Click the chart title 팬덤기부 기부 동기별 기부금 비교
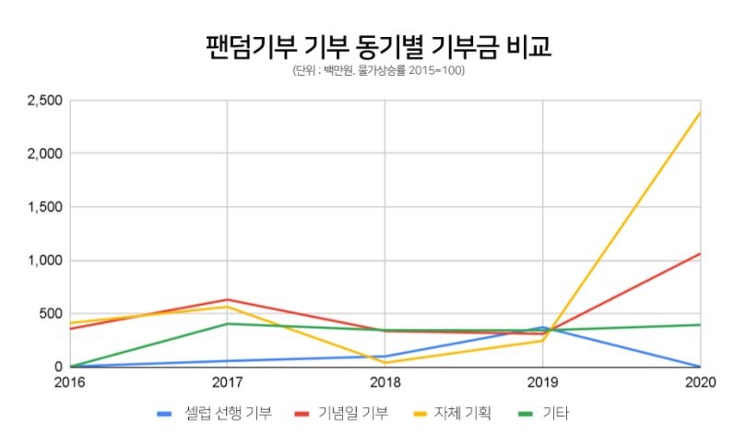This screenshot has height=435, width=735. click(377, 46)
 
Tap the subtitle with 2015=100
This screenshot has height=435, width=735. click(377, 71)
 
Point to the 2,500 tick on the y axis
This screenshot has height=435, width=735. click(43, 100)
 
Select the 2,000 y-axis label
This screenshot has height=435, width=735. click(43, 153)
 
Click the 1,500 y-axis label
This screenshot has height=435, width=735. click(43, 207)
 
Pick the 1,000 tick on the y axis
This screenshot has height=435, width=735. click(43, 260)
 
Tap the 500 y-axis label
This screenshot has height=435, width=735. click(50, 313)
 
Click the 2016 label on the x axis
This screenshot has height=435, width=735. click(69, 381)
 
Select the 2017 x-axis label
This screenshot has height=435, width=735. click(227, 381)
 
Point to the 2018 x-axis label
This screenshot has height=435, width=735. click(385, 381)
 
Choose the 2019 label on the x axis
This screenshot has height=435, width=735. click(542, 381)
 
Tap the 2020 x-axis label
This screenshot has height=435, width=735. click(699, 381)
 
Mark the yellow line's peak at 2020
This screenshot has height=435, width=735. click(700, 113)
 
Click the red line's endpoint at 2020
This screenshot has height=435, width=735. click(700, 253)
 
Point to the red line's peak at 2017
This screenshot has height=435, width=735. click(227, 299)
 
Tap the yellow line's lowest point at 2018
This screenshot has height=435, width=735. click(385, 363)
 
